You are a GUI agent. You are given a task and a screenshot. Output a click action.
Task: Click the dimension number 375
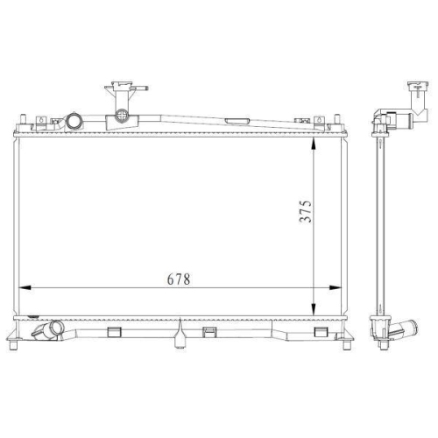coord(306,211)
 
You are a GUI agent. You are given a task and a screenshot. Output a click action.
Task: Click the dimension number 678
coord(179,279)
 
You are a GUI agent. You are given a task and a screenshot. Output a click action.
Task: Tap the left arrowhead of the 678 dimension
coord(25,288)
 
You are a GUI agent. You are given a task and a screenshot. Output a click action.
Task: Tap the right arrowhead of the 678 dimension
coord(335,288)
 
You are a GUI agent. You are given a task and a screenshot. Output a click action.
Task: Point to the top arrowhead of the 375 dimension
coord(313,145)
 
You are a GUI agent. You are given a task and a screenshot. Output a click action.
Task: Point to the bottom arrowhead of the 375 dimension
coord(313,309)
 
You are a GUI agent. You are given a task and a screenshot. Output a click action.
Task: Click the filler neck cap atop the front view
coord(126,87)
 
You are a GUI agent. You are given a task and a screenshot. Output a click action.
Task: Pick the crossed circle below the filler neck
coord(121,115)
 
